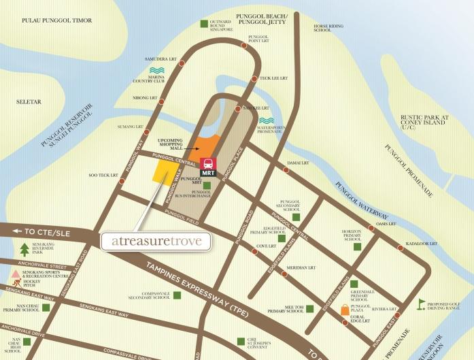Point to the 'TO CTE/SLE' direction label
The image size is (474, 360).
point(35,232)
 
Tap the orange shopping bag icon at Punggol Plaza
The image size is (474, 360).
point(345,312)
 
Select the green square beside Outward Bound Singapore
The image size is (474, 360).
point(205,24)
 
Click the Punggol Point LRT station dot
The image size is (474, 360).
point(244,46)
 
